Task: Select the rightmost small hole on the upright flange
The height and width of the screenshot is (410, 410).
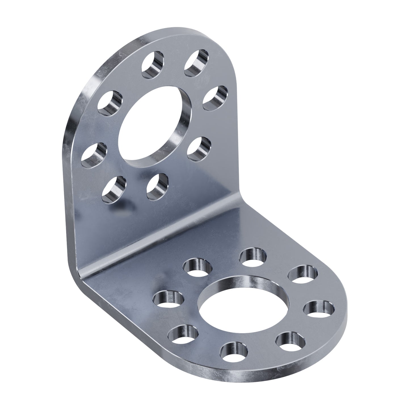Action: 216,98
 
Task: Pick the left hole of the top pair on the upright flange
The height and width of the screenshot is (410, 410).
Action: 153,64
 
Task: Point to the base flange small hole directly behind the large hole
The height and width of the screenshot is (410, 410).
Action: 253,257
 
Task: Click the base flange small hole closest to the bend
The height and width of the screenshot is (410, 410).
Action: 198,268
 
